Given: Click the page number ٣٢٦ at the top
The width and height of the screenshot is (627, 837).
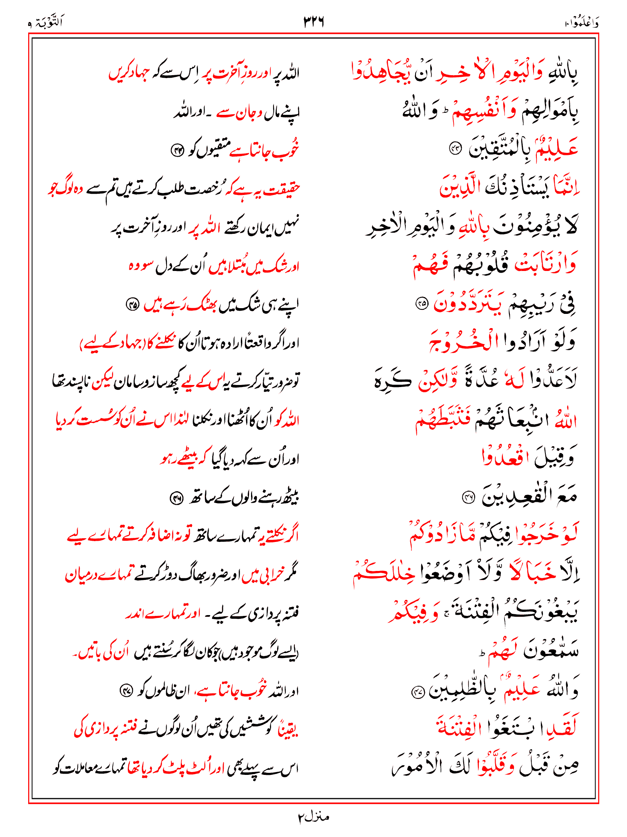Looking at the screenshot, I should pyautogui.click(x=313, y=21).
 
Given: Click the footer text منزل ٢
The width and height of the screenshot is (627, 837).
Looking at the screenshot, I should pyautogui.click(x=313, y=817).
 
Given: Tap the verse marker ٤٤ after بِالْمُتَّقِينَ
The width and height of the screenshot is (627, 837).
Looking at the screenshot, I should pyautogui.click(x=454, y=149).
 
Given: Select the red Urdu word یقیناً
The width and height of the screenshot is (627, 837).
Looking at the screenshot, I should pyautogui.click(x=288, y=730).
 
